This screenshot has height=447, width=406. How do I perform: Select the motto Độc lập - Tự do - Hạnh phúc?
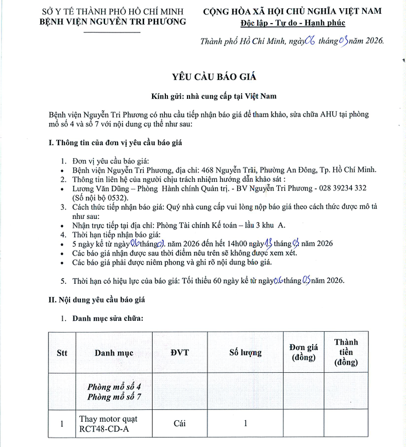(293, 23)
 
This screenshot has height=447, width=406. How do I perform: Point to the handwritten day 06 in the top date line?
(310, 42)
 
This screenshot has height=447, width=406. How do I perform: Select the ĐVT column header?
(179, 353)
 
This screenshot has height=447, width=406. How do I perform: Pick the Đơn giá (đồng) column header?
(304, 353)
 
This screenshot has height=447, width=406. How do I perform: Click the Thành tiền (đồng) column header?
(346, 353)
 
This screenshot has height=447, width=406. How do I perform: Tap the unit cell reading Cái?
(179, 424)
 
